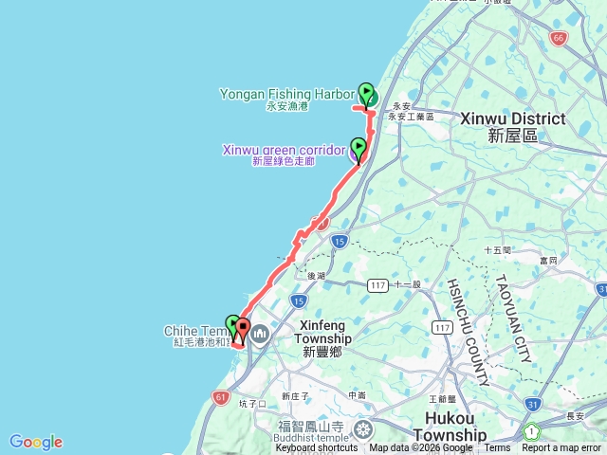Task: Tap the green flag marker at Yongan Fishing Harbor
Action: pyautogui.click(x=366, y=92)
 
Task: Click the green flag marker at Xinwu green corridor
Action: pyautogui.click(x=359, y=147)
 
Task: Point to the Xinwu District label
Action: pyautogui.click(x=512, y=119)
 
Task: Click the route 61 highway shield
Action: pyautogui.click(x=221, y=396)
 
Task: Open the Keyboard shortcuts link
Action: pyautogui.click(x=317, y=448)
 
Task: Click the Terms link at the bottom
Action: pyautogui.click(x=497, y=448)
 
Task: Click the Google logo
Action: pyautogui.click(x=36, y=442)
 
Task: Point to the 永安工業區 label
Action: pyautogui.click(x=410, y=117)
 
